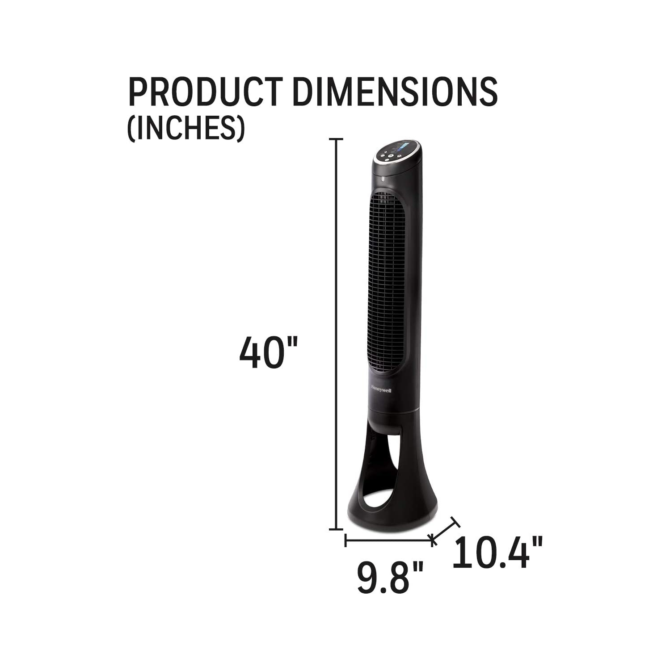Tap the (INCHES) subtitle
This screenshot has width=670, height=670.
click(x=186, y=129)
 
